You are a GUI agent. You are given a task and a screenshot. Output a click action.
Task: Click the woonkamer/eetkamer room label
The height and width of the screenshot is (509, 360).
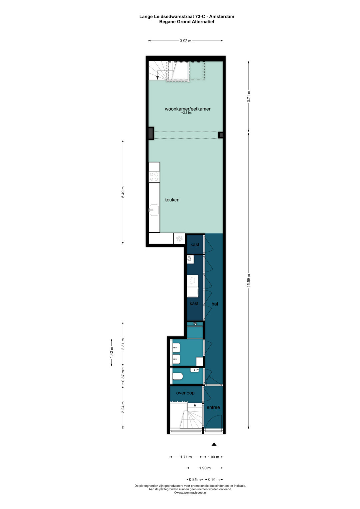[x=187, y=109]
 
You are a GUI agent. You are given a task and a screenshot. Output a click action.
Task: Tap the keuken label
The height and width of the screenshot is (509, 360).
[x=172, y=200]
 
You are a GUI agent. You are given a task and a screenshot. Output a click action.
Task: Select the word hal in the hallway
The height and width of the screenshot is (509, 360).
[x=215, y=304]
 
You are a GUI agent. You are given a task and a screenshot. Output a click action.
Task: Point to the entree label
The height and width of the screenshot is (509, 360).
[x=213, y=407]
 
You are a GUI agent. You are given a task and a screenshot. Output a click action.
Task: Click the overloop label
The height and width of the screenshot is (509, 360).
[x=185, y=393]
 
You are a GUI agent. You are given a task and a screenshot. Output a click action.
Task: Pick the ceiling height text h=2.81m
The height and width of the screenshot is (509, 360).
[x=185, y=113]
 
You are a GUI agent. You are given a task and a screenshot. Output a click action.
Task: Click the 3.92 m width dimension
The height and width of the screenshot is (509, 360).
[x=186, y=41]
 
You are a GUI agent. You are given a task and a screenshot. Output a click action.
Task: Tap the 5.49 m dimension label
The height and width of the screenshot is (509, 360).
[x=123, y=192]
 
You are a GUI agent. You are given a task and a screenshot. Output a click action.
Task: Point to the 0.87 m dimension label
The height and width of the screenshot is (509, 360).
[x=123, y=376]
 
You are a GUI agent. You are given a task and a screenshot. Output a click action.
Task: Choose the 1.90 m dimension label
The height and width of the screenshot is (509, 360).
[x=205, y=468]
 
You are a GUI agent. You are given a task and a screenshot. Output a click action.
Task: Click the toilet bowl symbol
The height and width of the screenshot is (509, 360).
[x=177, y=377]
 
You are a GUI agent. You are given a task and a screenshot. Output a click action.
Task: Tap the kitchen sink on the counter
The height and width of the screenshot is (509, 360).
[x=154, y=210]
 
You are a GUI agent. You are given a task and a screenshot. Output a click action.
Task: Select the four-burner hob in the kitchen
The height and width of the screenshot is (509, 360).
[x=154, y=177]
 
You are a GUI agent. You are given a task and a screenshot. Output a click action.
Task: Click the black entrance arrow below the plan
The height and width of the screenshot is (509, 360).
[x=214, y=444]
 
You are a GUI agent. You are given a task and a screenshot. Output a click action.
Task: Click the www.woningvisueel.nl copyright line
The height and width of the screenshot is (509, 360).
[x=190, y=493]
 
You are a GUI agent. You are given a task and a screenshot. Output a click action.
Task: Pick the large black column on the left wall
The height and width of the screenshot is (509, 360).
[x=151, y=133]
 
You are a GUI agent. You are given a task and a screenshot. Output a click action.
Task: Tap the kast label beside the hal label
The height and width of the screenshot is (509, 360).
[x=194, y=303]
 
